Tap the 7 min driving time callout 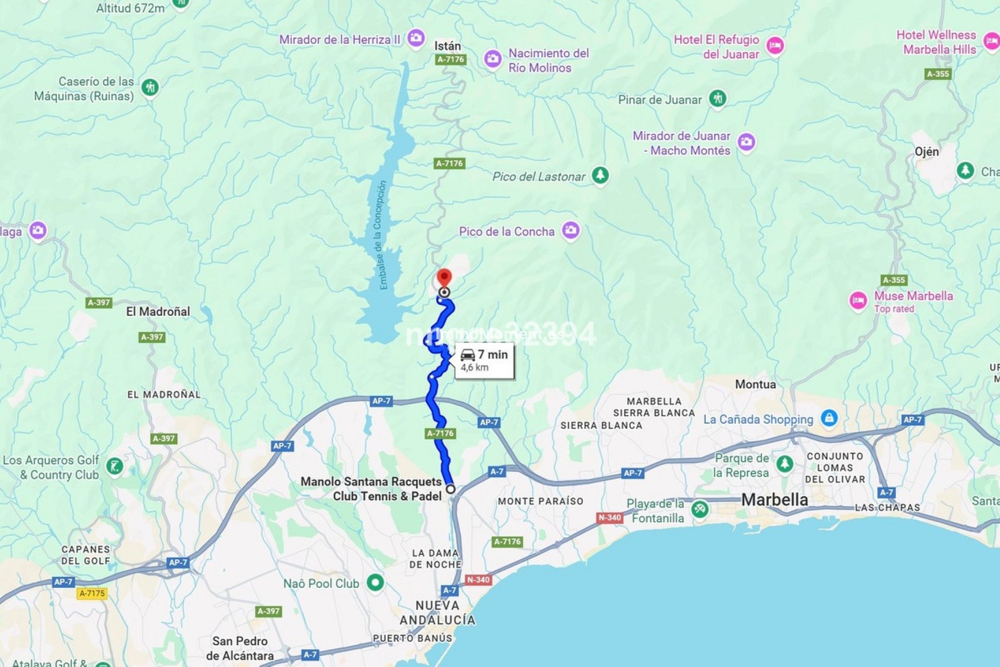484,360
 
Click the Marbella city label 774,500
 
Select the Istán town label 447,46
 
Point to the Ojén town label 927,152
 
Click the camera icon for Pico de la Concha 571,230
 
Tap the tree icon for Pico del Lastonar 600,175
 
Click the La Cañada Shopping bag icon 829,418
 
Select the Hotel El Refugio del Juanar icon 775,46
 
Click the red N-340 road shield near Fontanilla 609,517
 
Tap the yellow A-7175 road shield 92,593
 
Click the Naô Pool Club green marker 375,582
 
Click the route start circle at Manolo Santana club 451,489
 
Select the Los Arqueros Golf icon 114,466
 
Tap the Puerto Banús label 412,638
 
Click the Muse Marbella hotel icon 858,300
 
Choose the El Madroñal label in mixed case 158,312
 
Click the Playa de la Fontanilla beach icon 699,510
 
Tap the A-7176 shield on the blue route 440,433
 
